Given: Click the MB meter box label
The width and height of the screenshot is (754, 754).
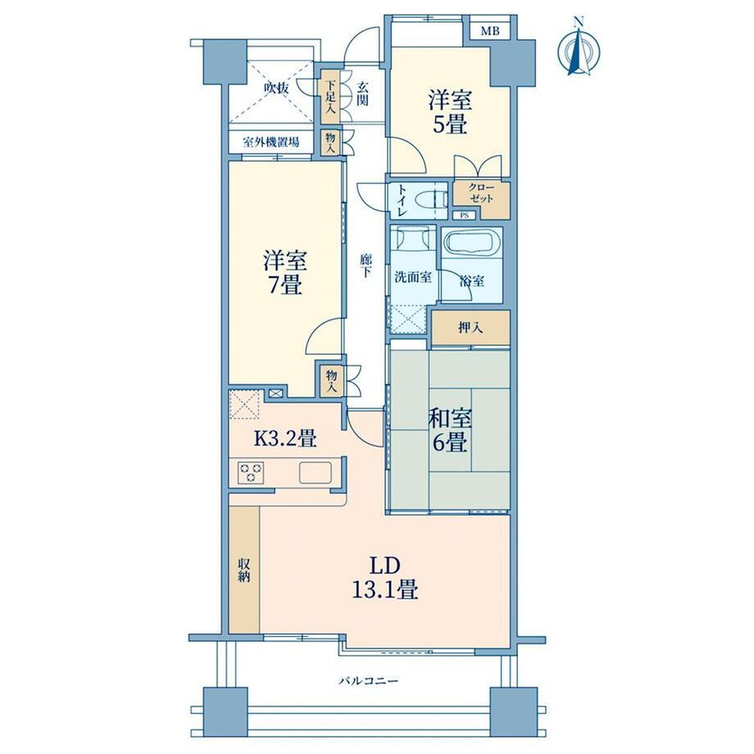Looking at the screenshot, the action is point(490,32).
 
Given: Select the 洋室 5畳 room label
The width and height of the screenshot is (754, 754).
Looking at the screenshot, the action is point(450,112).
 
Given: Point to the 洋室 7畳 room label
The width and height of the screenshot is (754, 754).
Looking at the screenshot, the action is point(284,273).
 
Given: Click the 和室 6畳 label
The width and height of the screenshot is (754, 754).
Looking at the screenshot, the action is point(450,430).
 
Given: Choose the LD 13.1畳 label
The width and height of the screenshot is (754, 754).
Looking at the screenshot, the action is point(384,578).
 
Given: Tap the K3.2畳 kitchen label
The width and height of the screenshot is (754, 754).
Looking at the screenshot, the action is point(284,438).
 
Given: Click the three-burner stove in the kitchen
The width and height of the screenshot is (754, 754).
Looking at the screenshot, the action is point(251,471).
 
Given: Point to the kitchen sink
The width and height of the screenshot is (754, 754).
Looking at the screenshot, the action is point(315,472).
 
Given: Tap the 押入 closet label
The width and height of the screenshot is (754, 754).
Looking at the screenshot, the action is point(470,328).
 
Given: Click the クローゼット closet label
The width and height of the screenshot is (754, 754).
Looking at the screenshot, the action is point(481,193).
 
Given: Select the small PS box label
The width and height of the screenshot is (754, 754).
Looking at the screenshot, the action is point(464,216).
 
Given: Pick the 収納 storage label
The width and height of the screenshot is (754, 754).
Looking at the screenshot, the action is point(243,570).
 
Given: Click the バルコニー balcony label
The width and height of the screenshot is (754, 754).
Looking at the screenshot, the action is point(369,681).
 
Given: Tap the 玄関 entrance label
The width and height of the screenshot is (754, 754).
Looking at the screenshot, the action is point(362,93).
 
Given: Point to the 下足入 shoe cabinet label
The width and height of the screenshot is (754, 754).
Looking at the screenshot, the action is point(330,97).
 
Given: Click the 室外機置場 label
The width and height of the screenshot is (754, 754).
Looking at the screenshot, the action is point(270,143).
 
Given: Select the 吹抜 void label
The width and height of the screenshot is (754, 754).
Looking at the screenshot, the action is point(276,89).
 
